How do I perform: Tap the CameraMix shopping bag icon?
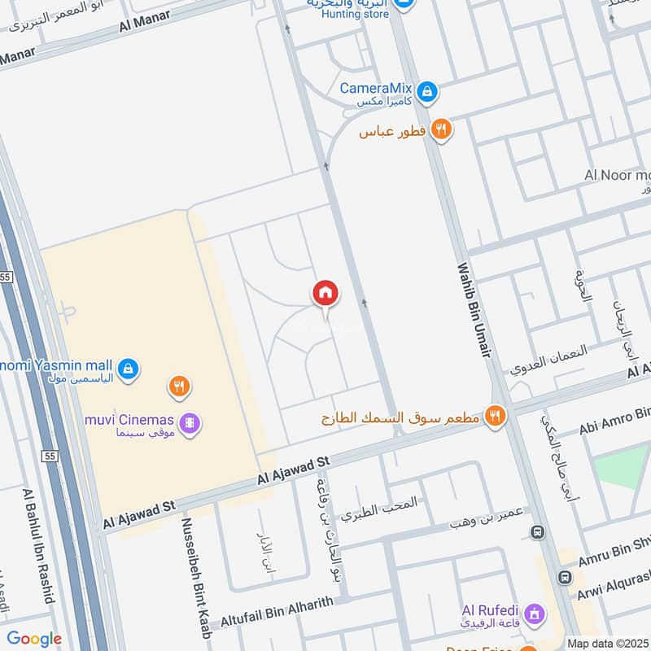(x=426, y=92)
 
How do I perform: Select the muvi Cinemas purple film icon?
(x=190, y=423)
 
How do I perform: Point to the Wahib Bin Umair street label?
(x=474, y=309)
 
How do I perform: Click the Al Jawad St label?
(x=135, y=513)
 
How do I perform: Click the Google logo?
(x=34, y=639)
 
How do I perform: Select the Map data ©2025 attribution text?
(x=607, y=643)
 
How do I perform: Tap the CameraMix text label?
(x=376, y=88)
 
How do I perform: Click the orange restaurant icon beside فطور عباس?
(x=441, y=129)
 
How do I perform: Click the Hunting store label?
(x=356, y=14)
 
